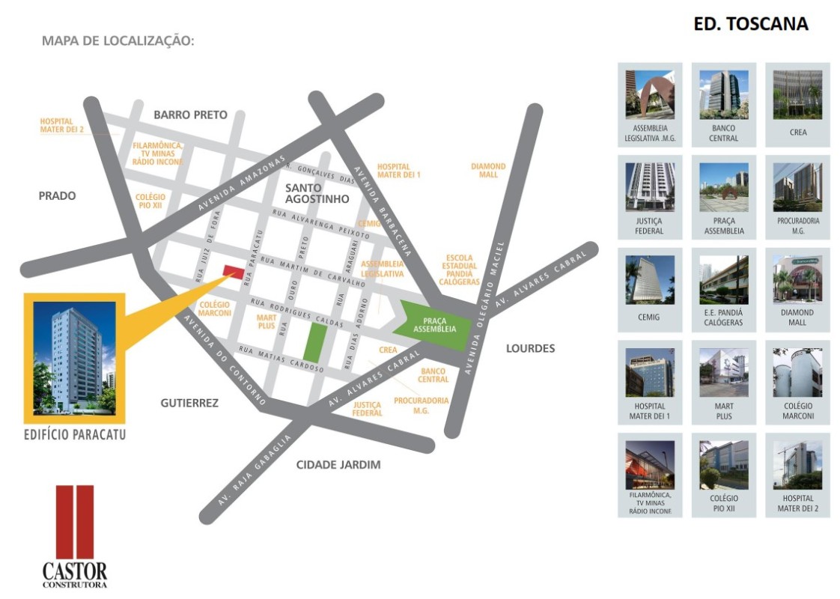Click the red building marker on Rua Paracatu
[233, 272]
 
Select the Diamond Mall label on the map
[488, 170]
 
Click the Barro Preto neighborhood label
[189, 115]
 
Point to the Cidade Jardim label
[338, 464]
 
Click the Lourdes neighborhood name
[530, 348]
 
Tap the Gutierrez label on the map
[189, 403]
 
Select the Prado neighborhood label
[57, 195]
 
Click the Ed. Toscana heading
[751, 24]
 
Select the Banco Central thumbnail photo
[723, 94]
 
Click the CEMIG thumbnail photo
[649, 279]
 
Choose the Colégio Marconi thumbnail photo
[797, 372]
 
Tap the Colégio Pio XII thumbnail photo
[723, 465]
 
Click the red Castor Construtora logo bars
[75, 521]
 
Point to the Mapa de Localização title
[118, 40]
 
